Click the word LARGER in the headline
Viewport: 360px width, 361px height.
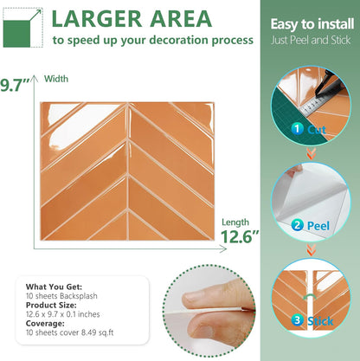click(97, 19)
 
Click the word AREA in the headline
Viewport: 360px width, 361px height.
click(181, 19)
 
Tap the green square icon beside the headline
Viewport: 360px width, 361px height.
click(16, 34)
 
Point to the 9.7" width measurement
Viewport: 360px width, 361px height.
click(15, 85)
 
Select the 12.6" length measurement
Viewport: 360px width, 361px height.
click(240, 236)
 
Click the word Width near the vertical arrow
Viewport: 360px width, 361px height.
click(56, 79)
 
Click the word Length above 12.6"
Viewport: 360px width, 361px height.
click(235, 222)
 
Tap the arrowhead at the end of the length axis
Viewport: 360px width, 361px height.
click(223, 248)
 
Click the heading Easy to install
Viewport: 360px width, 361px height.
click(312, 24)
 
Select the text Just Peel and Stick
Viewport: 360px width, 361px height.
click(311, 40)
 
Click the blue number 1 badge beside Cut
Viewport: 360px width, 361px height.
click(297, 129)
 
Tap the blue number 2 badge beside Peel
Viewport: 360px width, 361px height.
click(297, 225)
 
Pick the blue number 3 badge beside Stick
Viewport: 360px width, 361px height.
click(297, 320)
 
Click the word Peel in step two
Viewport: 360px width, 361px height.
click(318, 226)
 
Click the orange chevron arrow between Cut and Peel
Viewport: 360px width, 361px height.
click(311, 153)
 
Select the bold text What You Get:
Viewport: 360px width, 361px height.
click(54, 287)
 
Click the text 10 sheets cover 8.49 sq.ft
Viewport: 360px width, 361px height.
click(69, 332)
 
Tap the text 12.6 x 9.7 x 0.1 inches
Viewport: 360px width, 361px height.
click(63, 314)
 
